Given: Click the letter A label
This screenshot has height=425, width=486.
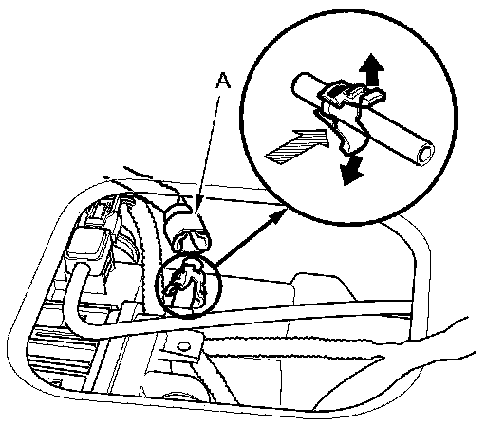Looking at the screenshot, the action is click(223, 81).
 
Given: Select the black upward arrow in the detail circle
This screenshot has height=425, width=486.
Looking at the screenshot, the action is click(373, 69).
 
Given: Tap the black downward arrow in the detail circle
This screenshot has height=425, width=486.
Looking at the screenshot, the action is click(352, 170).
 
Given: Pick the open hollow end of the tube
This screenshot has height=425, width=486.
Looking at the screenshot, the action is click(425, 155).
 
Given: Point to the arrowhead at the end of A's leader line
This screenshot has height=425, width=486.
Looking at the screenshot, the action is click(198, 209).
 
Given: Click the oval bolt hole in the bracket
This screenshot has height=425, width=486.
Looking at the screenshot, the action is click(182, 347).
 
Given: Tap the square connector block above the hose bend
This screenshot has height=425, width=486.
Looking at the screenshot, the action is click(87, 245).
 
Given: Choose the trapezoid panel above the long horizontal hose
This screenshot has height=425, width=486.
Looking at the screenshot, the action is click(323, 287).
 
